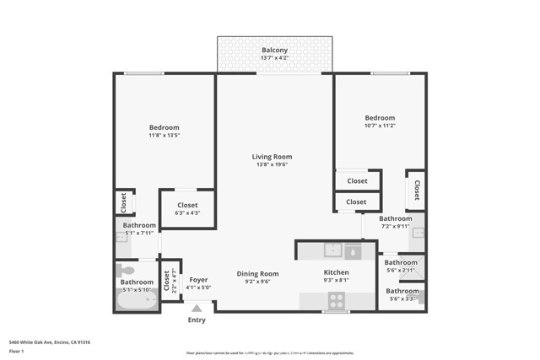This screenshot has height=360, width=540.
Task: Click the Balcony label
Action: [274, 51]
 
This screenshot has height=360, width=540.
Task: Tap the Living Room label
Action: [272, 157]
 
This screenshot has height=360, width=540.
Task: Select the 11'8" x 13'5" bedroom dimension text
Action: [165, 136]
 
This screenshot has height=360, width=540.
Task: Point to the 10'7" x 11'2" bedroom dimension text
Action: [380, 126]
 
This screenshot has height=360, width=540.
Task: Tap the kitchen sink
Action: [333, 249]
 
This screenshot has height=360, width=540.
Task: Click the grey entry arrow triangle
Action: [197, 309]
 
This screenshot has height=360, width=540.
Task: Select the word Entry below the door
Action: [197, 320]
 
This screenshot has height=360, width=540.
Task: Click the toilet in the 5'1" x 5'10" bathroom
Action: [126, 271]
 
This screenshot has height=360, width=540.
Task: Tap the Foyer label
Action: [198, 280]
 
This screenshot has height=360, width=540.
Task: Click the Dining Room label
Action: [257, 273]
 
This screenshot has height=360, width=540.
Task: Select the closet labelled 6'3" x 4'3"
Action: [187, 209]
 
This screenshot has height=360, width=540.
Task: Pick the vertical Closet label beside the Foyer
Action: [166, 279]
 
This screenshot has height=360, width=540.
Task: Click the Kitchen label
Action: [337, 273]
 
